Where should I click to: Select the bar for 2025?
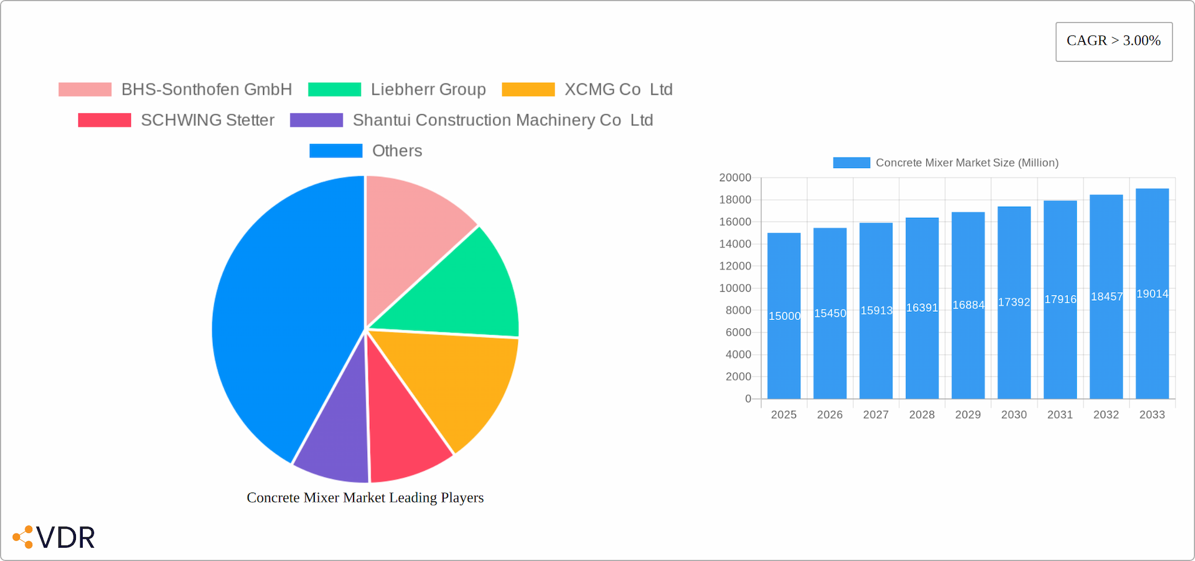(x=784, y=349)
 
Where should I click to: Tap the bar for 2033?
(x=1152, y=349)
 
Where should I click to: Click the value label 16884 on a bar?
(x=968, y=305)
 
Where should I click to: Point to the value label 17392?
(x=1014, y=302)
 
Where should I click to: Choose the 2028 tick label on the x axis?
(x=922, y=415)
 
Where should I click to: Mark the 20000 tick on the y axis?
(x=735, y=177)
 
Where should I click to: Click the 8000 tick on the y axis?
(x=738, y=310)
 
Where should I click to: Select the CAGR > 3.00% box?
(x=1113, y=41)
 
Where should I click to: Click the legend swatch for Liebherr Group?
(x=334, y=90)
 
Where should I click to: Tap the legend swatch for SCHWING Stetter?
(x=105, y=120)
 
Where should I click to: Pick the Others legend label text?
(x=397, y=151)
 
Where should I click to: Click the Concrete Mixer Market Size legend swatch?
(x=851, y=163)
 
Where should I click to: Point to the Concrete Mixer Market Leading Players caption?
(x=365, y=497)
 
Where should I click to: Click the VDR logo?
(x=54, y=537)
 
